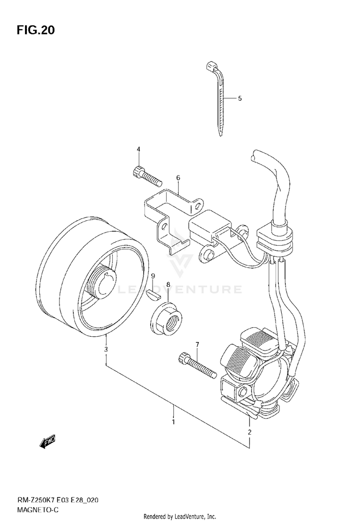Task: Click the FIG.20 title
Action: pos(36,30)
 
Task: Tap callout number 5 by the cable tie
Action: pos(240,98)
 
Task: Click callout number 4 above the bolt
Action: pos(138,150)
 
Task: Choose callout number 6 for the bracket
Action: pos(178,178)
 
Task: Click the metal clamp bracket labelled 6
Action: pos(168,216)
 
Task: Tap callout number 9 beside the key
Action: pos(153,276)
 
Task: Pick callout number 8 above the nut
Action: pos(168,284)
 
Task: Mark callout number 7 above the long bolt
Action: pos(197,344)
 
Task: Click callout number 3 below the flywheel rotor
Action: pos(106,349)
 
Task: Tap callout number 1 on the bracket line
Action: pos(173,422)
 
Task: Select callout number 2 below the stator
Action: pos(249,432)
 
